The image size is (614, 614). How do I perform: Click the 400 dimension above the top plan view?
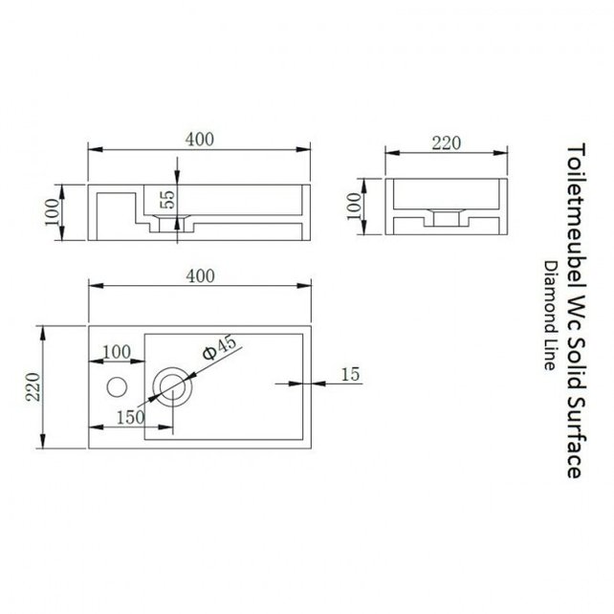coord(199,275)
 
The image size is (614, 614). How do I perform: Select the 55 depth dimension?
coord(166,199)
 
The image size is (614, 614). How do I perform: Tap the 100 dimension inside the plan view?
coord(115,351)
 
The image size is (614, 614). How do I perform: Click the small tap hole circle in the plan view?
coord(117,386)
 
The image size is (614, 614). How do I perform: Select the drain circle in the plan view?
coord(173,386)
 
